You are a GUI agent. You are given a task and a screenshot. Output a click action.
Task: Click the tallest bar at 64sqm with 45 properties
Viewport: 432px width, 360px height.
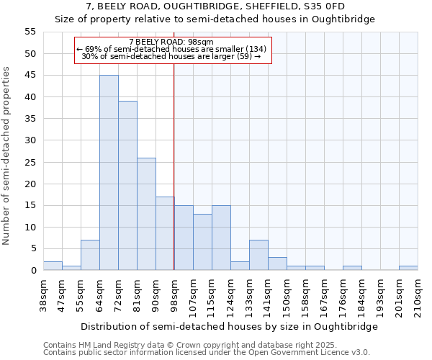pos(109,173)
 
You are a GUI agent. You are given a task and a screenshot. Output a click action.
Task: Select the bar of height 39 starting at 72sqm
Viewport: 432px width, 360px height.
pos(127,186)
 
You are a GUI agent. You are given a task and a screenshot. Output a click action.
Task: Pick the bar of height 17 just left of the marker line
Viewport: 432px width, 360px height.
pos(165,233)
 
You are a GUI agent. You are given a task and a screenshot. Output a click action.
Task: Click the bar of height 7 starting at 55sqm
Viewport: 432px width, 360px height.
pos(90,255)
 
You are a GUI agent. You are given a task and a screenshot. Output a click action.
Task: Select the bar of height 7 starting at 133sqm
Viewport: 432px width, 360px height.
pos(258,255)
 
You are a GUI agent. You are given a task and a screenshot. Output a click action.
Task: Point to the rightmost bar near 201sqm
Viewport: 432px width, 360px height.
pos(408,268)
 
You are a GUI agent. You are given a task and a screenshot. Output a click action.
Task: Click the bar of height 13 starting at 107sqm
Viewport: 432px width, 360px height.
pos(202,242)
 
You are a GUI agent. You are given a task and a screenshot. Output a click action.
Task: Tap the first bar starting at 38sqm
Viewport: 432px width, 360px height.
pos(53,266)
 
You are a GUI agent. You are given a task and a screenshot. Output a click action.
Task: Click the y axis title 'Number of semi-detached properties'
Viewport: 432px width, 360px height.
pos(7,156)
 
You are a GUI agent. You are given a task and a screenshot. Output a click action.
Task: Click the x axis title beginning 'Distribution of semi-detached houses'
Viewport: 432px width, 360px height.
pos(229,326)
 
